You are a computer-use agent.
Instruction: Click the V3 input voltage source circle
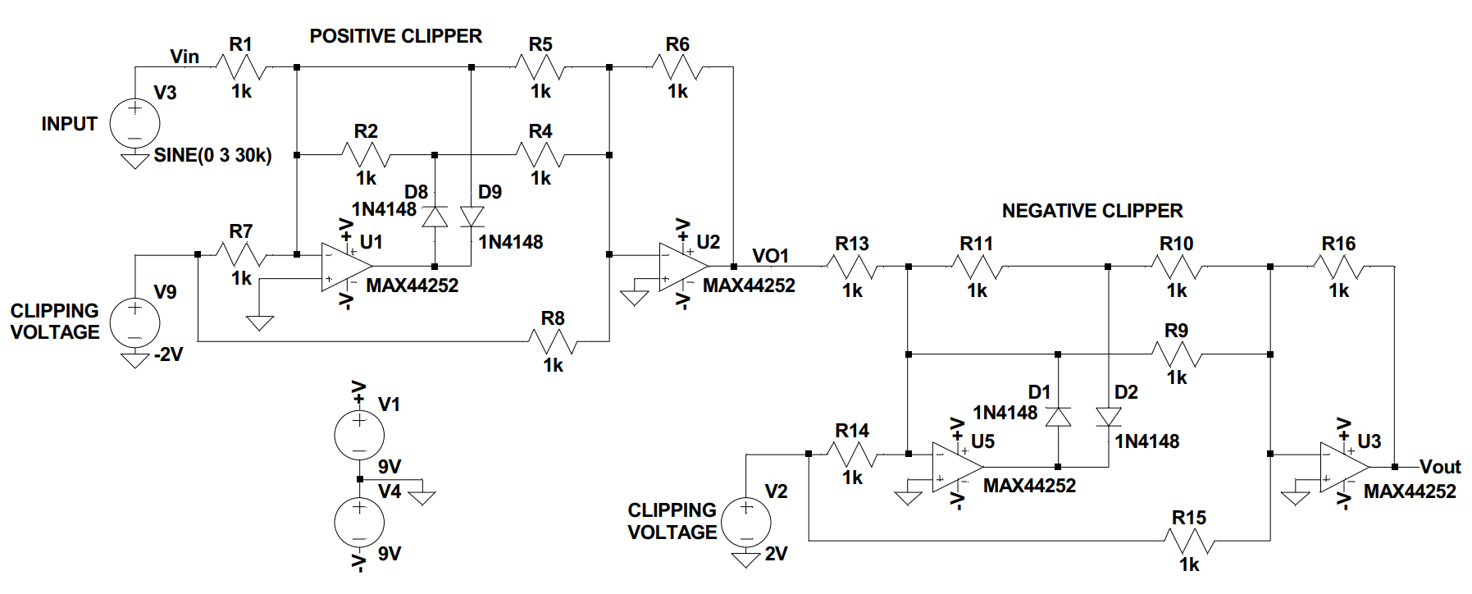point(134,123)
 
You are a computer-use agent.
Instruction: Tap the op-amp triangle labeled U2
point(683,267)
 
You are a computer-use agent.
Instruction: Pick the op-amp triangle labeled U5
point(957,467)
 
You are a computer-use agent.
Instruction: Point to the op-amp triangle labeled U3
point(1344,467)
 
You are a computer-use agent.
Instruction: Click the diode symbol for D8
point(435,217)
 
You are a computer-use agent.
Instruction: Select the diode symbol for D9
point(472,217)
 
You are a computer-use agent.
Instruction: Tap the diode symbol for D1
point(1058,417)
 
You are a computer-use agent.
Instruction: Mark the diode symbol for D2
point(1109,417)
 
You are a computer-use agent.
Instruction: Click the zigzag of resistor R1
point(241,67)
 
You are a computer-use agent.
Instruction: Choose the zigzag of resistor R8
point(554,341)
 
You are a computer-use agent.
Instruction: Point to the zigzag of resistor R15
point(1190,541)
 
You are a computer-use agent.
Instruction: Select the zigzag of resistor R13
point(853,267)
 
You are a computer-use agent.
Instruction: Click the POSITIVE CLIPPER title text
point(395,36)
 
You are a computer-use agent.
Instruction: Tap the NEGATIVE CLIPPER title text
point(1092,211)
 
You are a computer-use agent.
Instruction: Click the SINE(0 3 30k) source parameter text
point(212,155)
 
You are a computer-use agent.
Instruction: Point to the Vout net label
point(1440,467)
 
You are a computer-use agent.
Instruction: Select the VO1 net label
point(770,256)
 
